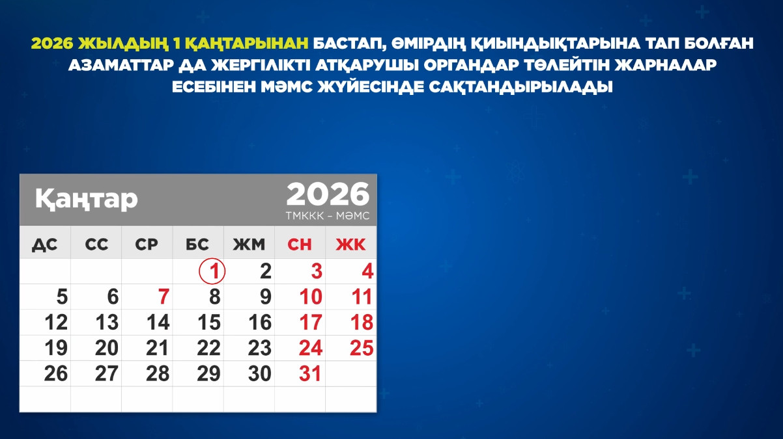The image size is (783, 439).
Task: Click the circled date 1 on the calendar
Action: (212, 271)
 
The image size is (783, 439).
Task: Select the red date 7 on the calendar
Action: (164, 297)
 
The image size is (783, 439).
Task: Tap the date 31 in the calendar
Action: (310, 374)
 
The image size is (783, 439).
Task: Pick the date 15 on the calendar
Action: (208, 323)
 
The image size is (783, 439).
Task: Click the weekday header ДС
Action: (45, 245)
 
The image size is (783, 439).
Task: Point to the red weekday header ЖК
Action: (351, 245)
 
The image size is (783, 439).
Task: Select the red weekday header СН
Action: (300, 245)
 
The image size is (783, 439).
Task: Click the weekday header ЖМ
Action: (249, 245)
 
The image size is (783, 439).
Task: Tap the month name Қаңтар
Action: (86, 198)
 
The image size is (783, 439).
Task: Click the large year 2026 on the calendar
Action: (328, 194)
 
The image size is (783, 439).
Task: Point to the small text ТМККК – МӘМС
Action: (327, 216)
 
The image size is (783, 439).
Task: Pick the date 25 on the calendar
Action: (362, 348)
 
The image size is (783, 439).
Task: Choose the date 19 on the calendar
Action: (56, 348)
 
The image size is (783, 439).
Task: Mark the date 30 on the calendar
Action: (259, 374)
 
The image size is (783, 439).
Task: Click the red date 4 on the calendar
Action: (367, 271)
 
